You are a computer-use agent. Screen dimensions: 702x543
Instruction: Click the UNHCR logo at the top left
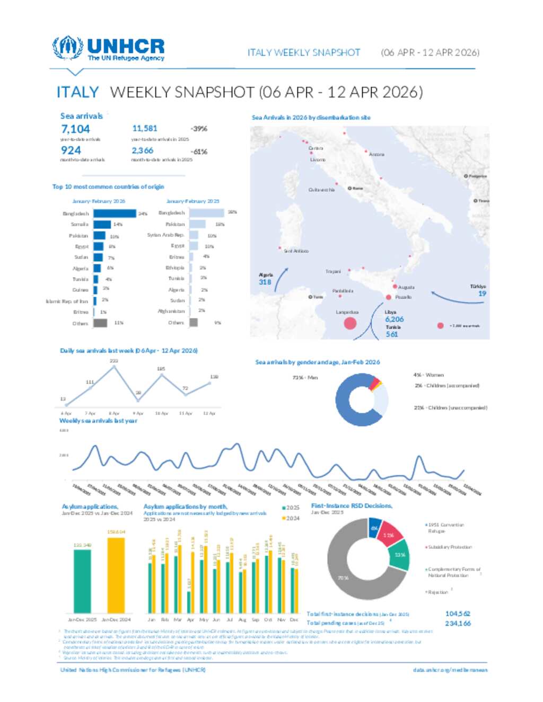[x=109, y=49]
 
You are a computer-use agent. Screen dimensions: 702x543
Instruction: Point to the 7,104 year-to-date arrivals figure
[x=75, y=129]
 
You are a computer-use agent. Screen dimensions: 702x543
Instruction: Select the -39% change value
[x=199, y=129]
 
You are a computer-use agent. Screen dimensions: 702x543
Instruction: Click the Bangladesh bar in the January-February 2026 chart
[x=115, y=214]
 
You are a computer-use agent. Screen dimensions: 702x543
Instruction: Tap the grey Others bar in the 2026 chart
[x=100, y=323]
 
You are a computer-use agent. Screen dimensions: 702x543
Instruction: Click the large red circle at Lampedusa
[x=350, y=323]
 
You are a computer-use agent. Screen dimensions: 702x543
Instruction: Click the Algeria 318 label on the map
[x=265, y=279]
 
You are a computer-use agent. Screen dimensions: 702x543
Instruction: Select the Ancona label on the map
[x=376, y=154]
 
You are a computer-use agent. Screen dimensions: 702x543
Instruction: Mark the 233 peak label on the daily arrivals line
[x=113, y=361]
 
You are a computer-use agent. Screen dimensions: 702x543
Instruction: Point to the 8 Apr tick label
[x=114, y=413]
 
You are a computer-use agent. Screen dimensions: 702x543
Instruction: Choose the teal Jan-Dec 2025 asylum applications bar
[x=82, y=581]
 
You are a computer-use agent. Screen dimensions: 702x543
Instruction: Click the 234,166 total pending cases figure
[x=458, y=624]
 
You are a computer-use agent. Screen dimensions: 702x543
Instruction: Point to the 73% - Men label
[x=305, y=377]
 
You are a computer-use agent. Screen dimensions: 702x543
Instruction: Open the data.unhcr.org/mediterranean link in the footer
[x=450, y=670]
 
